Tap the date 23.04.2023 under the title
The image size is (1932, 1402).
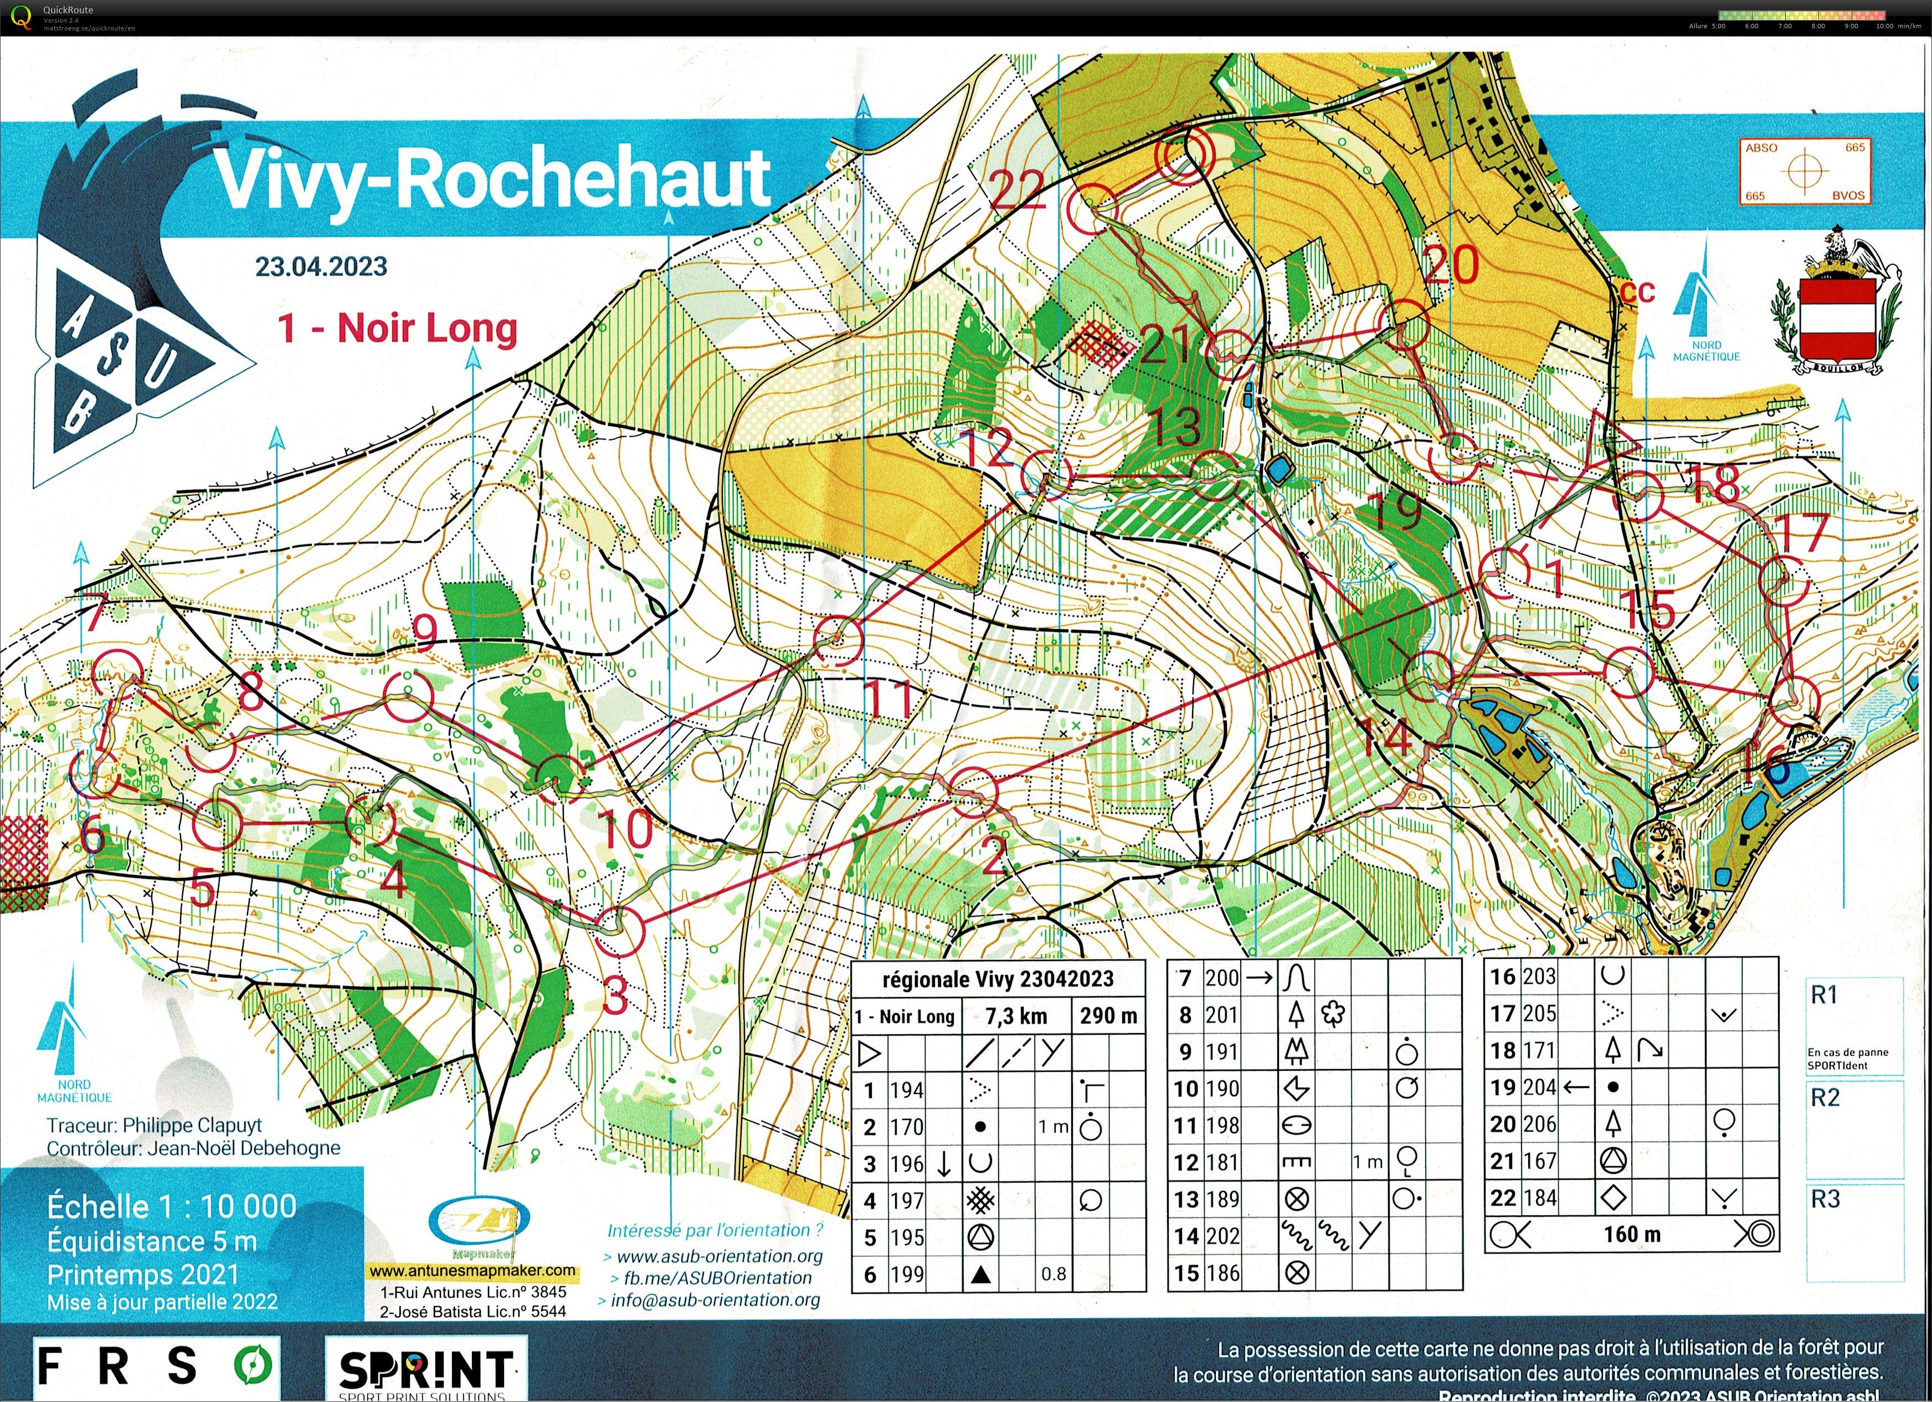point(321,266)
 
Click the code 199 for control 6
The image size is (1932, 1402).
point(906,1274)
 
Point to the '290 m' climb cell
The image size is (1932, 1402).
point(1108,1015)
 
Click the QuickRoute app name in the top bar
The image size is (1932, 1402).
point(68,10)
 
